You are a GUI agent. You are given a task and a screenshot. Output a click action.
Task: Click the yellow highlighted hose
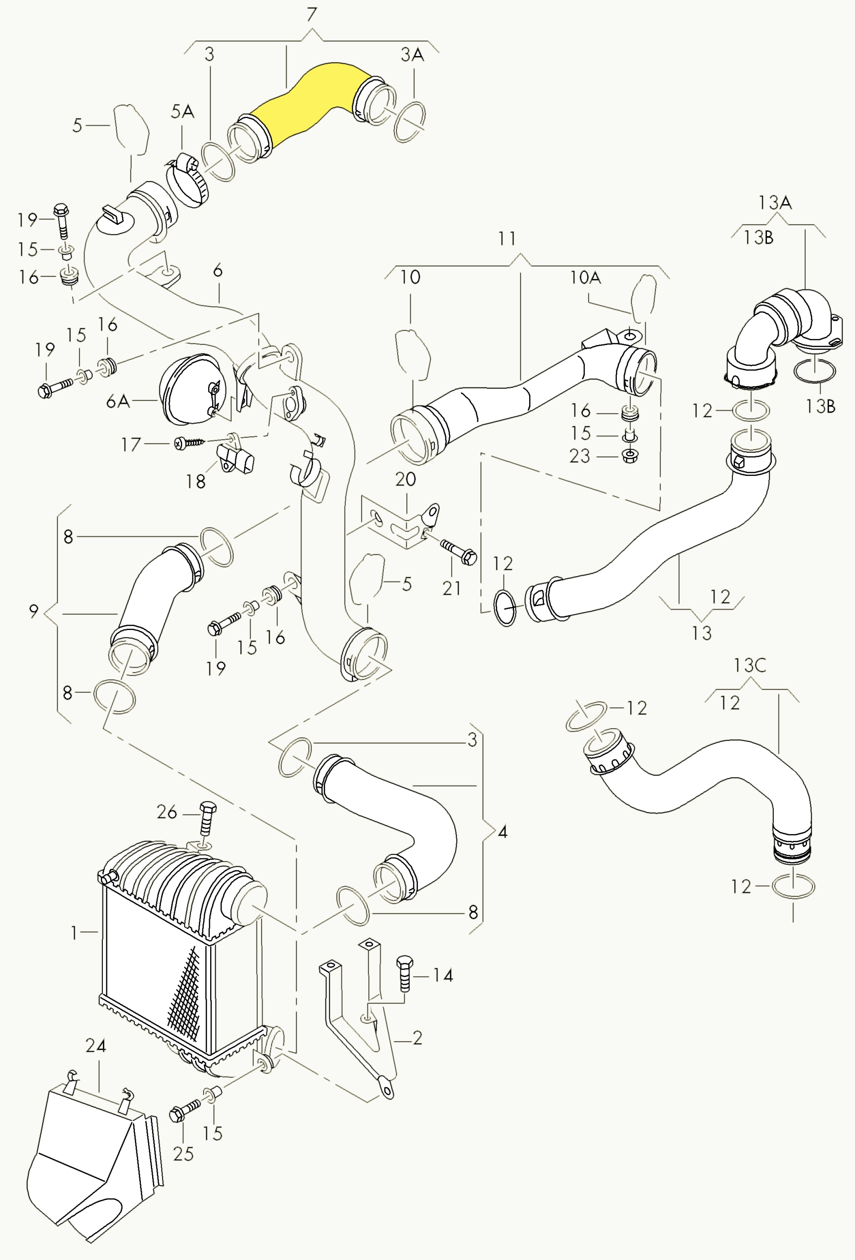click(x=304, y=106)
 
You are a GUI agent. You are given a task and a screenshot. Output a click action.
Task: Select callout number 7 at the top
click(x=312, y=15)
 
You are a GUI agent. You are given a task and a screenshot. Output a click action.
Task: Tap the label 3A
click(x=412, y=55)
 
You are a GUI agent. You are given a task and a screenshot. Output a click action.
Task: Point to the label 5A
click(x=182, y=112)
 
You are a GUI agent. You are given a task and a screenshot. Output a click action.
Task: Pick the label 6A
click(x=118, y=402)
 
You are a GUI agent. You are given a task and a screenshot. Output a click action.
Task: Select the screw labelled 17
click(x=189, y=443)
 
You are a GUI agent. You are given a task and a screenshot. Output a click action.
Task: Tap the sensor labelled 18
click(x=236, y=459)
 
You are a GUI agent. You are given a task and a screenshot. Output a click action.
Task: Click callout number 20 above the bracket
click(x=406, y=479)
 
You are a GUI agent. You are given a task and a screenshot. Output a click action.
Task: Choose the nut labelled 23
click(x=630, y=455)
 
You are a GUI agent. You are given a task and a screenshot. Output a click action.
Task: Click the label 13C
click(x=750, y=666)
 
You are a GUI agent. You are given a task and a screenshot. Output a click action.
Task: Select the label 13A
click(x=775, y=203)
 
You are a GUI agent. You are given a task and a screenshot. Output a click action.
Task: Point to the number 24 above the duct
click(x=95, y=1045)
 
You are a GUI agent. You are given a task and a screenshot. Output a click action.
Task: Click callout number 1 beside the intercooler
click(x=75, y=933)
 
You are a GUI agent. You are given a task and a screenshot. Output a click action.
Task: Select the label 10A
click(x=585, y=278)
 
